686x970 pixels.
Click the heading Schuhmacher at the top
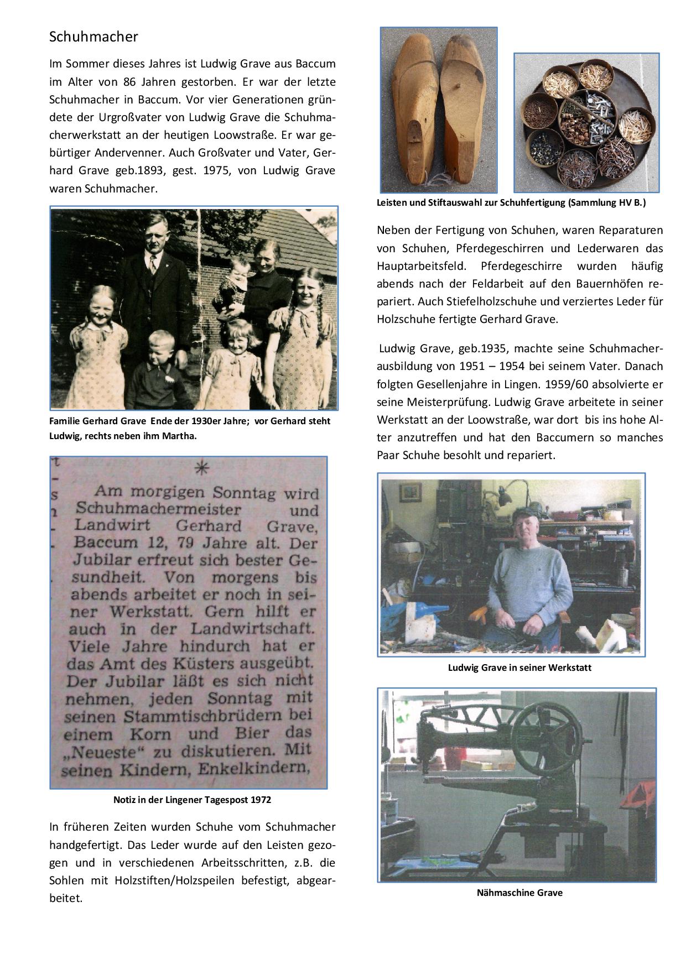[93, 37]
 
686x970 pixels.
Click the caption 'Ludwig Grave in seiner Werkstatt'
[519, 667]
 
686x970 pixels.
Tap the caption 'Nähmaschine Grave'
[519, 892]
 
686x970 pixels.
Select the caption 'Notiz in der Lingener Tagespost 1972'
[192, 800]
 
